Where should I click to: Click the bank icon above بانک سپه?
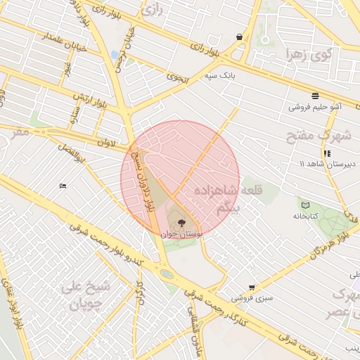[240, 37]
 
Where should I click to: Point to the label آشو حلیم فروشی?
[315, 108]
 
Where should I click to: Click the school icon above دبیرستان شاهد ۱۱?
[327, 153]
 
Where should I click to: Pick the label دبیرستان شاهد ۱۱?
[329, 164]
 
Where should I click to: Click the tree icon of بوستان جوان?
[182, 223]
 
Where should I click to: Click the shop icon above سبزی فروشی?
[252, 287]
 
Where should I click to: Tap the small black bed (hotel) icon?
[63, 186]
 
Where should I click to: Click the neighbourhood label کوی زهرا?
[308, 53]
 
